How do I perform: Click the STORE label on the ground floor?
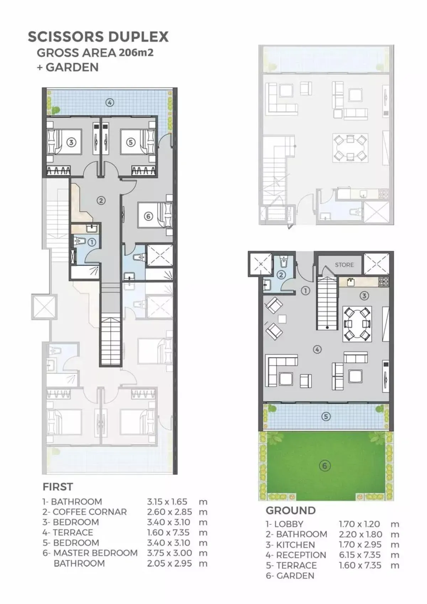coord(344,265)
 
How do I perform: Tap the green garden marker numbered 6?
coord(325,466)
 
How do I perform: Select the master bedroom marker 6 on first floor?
coord(148,216)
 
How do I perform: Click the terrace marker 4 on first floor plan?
coord(110,102)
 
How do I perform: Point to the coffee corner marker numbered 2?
coord(101,201)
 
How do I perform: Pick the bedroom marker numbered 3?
coord(71,142)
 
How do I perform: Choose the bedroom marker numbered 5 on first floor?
coord(131,142)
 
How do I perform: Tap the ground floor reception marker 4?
coord(317,349)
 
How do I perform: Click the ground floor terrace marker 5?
coord(326,417)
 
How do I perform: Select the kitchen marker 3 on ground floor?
coord(364,296)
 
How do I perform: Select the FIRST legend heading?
coord(58,487)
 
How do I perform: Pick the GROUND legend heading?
coord(291,511)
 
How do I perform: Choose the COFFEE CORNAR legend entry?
coord(90,512)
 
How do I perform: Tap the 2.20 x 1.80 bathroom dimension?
coord(360,534)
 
